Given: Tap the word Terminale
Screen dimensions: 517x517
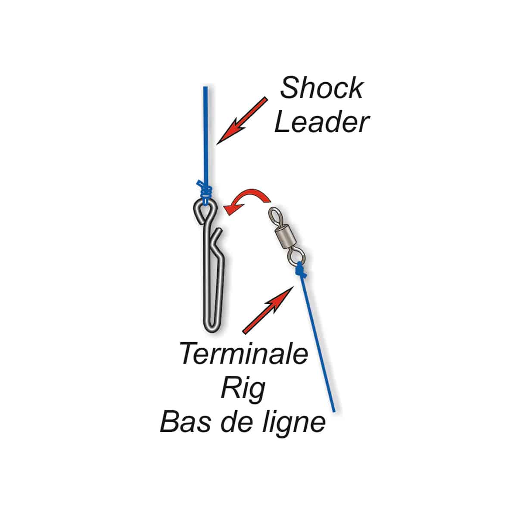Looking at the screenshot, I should click(244, 354).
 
